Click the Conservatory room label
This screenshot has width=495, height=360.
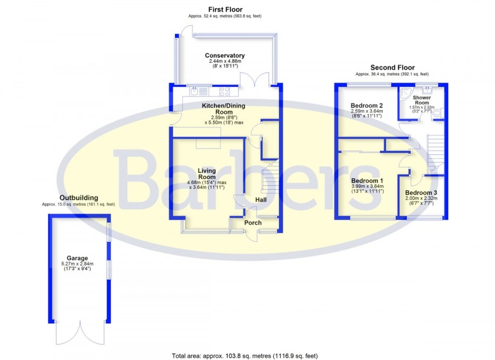pyautogui.click(x=225, y=55)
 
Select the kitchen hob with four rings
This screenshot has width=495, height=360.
pyautogui.click(x=224, y=91)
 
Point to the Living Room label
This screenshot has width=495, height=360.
pyautogui.click(x=207, y=174)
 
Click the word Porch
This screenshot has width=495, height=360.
pyautogui.click(x=253, y=222)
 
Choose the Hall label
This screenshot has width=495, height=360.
pyautogui.click(x=261, y=200)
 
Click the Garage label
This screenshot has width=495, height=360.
pyautogui.click(x=78, y=258)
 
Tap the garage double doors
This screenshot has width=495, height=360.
pyautogui.click(x=80, y=332)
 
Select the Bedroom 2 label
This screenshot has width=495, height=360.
pyautogui.click(x=367, y=106)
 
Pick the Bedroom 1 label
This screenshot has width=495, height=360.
pyautogui.click(x=367, y=181)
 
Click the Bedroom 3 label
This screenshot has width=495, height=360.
pyautogui.click(x=421, y=193)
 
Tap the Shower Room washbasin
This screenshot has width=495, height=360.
pyautogui.click(x=427, y=90)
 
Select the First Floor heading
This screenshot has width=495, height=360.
pyautogui.click(x=226, y=9)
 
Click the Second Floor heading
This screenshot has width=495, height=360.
pyautogui.click(x=392, y=67)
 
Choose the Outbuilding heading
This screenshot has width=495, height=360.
pyautogui.click(x=79, y=198)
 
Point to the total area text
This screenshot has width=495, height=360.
pyautogui.click(x=245, y=356)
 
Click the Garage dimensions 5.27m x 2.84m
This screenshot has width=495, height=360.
pyautogui.click(x=78, y=264)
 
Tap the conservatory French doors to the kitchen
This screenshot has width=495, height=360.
pyautogui.click(x=255, y=79)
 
